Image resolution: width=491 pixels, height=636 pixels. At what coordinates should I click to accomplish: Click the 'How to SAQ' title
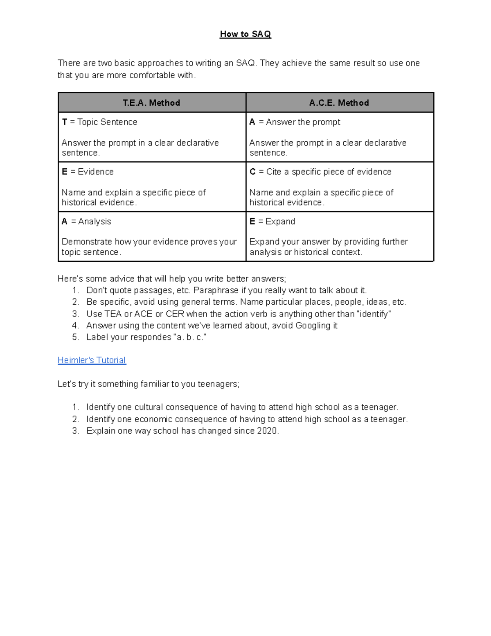pos(245,34)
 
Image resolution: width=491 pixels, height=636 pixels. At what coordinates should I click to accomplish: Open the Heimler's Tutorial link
pos(92,360)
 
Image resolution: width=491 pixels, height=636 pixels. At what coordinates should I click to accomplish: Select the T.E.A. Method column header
pos(151,103)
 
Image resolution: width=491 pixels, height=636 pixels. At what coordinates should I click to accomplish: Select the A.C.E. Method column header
pos(339,103)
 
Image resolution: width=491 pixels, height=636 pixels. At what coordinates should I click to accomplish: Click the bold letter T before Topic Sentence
pos(65,122)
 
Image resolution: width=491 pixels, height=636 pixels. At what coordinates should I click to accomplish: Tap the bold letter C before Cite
pos(252,172)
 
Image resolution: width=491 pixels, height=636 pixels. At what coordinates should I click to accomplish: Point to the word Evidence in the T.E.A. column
pos(96,172)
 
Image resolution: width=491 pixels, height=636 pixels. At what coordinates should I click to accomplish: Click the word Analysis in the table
pos(95,222)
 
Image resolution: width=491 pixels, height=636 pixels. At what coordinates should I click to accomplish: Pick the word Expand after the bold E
pos(280,222)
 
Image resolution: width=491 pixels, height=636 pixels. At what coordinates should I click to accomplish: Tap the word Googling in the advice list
pos(313,326)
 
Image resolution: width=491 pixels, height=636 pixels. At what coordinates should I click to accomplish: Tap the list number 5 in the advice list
pos(75,337)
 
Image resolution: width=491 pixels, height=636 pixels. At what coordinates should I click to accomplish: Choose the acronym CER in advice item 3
pos(175,314)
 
